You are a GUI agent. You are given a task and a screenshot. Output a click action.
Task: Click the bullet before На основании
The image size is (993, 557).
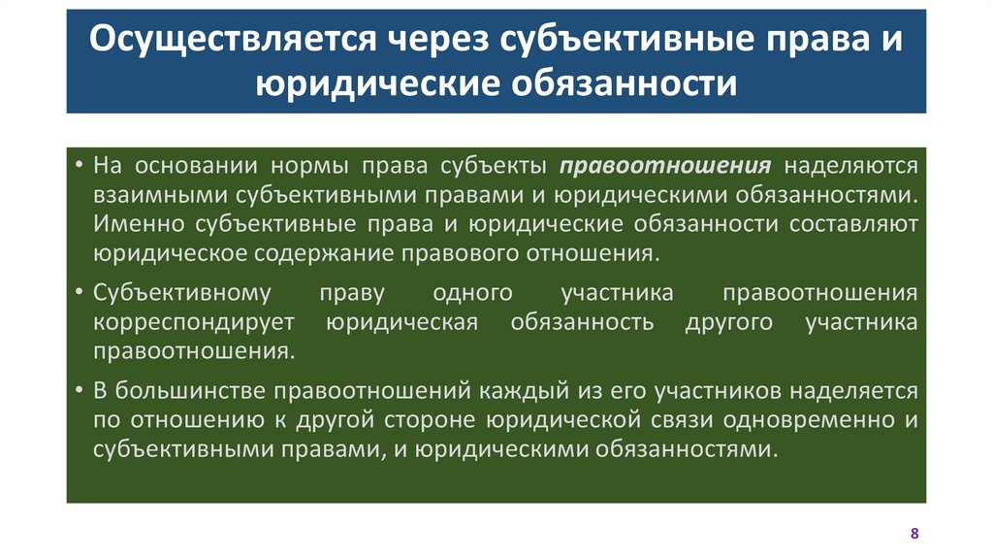(78, 165)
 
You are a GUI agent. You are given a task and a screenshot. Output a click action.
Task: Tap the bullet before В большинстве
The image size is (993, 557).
(78, 390)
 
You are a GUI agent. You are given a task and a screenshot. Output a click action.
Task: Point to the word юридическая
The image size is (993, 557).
(401, 322)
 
